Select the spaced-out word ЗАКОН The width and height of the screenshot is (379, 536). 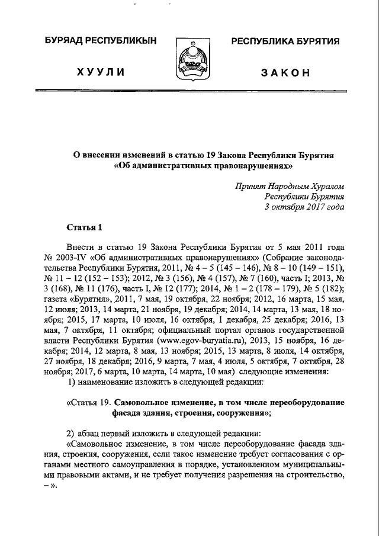(x=285, y=73)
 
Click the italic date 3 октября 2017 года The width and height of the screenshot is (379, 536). (x=304, y=207)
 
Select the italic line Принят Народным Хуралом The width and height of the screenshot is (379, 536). (x=290, y=185)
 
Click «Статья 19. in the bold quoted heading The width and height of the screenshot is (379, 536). (x=89, y=402)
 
